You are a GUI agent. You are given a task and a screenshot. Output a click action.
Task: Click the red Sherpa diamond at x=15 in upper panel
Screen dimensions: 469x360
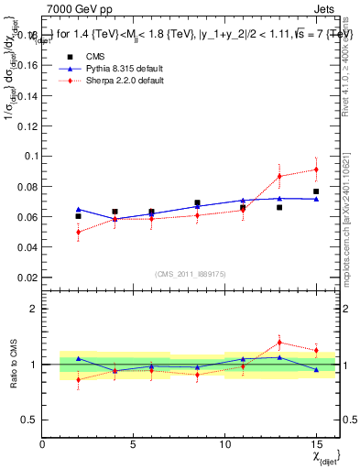(x=316, y=169)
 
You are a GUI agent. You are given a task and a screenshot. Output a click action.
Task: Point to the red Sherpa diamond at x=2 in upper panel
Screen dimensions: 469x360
(x=78, y=232)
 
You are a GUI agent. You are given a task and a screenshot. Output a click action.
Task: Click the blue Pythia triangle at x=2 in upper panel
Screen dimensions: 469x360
(x=78, y=209)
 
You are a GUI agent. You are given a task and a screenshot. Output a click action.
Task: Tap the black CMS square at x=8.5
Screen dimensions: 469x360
(x=197, y=203)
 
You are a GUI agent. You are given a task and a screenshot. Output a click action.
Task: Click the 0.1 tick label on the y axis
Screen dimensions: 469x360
(x=28, y=157)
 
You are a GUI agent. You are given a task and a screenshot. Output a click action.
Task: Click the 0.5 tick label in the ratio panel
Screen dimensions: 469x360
(x=28, y=420)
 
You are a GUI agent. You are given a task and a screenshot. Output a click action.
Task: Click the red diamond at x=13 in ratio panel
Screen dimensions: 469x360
(x=279, y=343)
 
